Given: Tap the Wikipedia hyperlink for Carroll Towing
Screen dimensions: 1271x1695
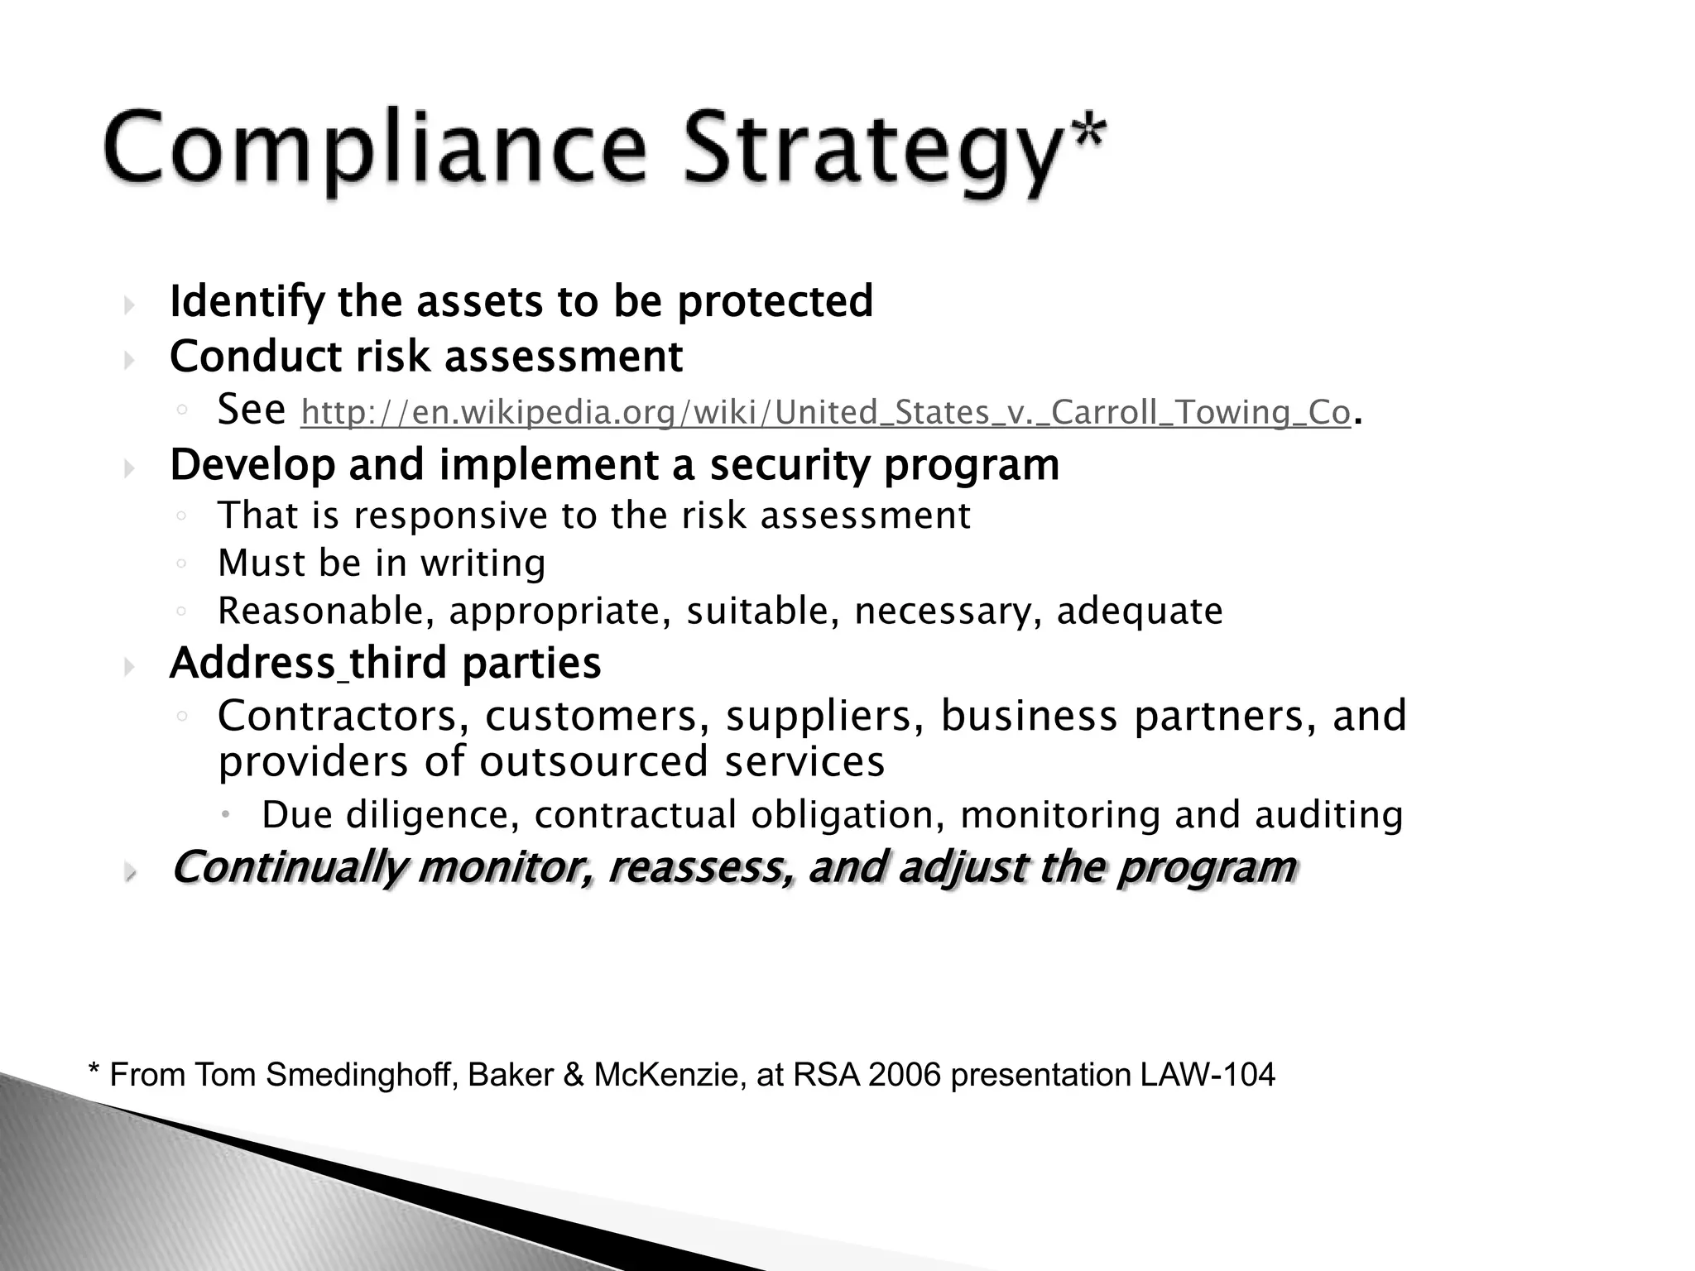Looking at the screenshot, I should (825, 412).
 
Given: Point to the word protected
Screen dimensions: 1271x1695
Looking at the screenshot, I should (775, 301).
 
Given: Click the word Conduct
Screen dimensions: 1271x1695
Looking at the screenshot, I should (256, 357).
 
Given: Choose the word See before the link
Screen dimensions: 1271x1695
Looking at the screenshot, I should (251, 409).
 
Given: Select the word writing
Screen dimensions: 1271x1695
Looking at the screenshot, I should (483, 564).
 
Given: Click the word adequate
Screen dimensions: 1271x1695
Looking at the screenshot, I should (1140, 612).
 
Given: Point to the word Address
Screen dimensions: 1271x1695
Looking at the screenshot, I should (252, 663).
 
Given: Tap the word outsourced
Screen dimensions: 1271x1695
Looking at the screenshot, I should (593, 762).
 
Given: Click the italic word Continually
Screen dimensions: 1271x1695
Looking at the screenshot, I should (289, 867).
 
